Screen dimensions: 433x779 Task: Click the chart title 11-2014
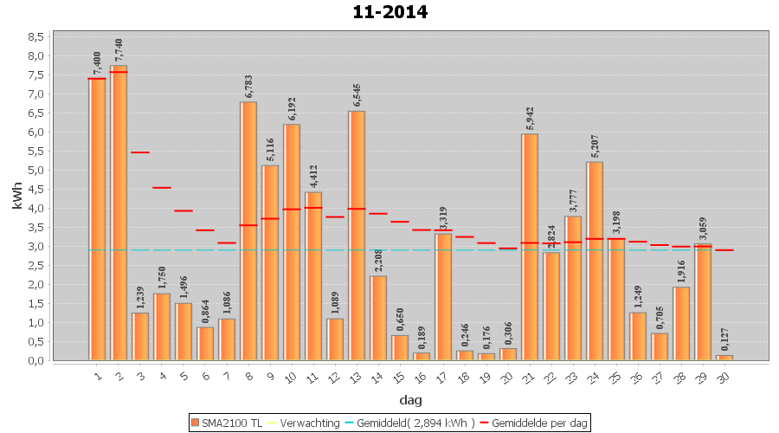pos(389,12)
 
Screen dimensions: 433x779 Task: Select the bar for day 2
pos(119,212)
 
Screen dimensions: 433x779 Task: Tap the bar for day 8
pos(248,230)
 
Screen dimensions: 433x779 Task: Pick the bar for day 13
pos(357,235)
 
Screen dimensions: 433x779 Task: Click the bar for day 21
pos(530,247)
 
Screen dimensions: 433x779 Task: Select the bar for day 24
pos(595,261)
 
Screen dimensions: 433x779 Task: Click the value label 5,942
pos(530,118)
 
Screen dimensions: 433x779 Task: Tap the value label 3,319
pos(443,217)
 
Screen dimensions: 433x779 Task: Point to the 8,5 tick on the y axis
pos(35,37)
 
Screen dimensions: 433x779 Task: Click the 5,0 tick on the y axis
pos(35,170)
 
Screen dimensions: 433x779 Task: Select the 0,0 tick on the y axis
pos(35,360)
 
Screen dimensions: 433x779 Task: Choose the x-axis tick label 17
pos(441,375)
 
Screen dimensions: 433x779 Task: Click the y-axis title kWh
pos(17,196)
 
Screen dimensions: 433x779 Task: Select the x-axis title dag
pos(410,399)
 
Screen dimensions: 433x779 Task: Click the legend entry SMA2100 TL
pos(227,423)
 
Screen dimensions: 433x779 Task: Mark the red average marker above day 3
pos(140,152)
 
